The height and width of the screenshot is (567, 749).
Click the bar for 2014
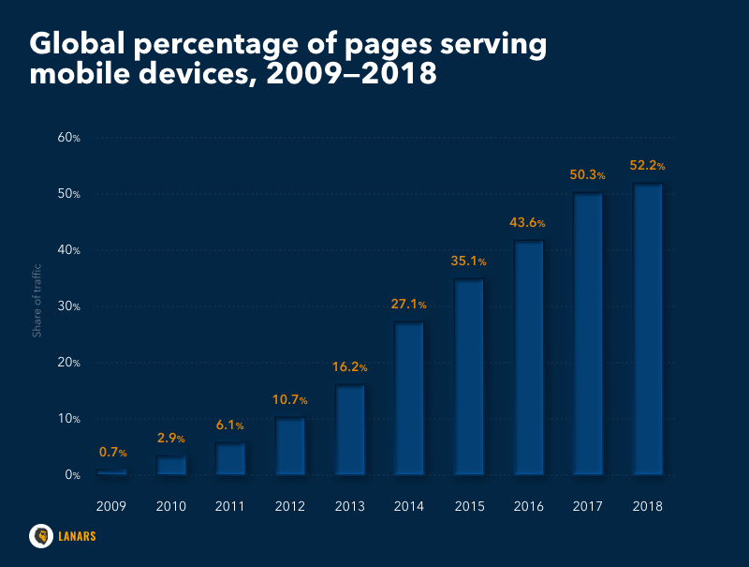pos(409,398)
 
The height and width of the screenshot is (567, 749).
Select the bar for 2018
pos(647,328)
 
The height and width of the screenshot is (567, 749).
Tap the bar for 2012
pos(290,445)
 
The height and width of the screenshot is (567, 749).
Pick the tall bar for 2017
pos(587,334)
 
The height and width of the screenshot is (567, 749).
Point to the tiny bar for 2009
pos(111,472)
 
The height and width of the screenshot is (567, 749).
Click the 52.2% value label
pos(647,166)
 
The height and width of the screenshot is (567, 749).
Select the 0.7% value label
pos(112,453)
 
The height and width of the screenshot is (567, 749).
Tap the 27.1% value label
pos(409,305)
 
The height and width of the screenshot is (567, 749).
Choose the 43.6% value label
pos(528,223)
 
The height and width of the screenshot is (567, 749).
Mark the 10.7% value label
pos(290,400)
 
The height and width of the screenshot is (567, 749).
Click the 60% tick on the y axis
pos(69,138)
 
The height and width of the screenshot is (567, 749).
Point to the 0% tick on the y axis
pos(72,475)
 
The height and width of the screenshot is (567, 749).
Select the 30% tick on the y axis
pos(69,306)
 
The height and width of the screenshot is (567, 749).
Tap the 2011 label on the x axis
pos(230,506)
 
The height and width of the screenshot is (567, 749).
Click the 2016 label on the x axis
pos(528,506)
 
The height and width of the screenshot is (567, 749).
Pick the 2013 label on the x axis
pos(349,506)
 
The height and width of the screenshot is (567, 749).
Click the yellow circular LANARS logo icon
pos(41,535)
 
